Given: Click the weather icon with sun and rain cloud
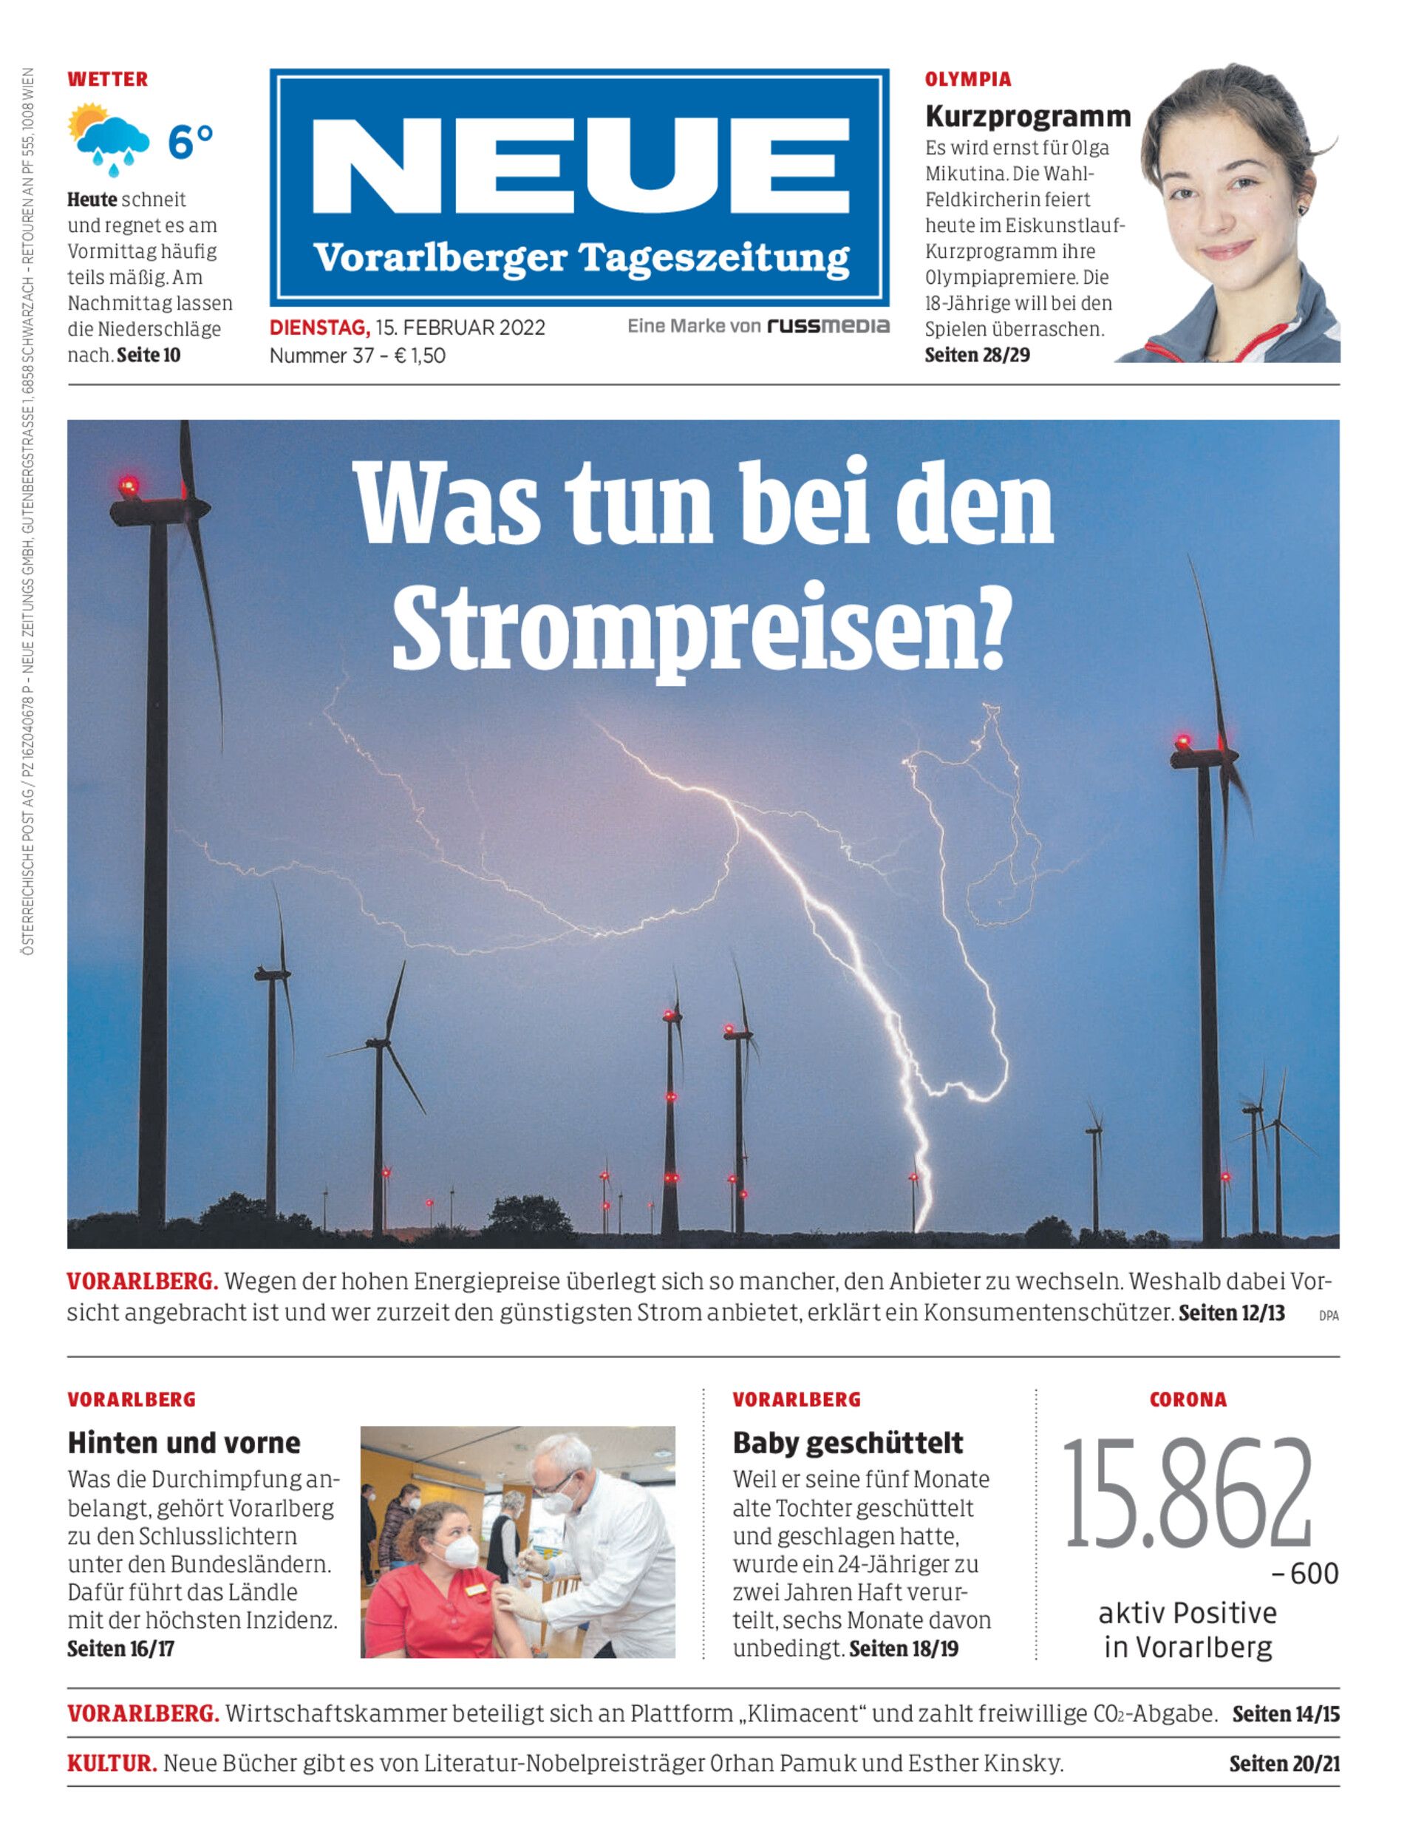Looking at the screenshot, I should click(x=109, y=140).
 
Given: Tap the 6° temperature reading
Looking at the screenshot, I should click(x=191, y=142).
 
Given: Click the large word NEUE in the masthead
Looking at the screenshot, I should click(x=579, y=167).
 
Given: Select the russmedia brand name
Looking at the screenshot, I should click(x=828, y=326).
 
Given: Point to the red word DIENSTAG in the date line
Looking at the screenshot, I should click(x=319, y=327).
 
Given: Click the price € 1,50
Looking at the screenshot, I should click(x=420, y=356).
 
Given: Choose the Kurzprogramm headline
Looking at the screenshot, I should click(x=1028, y=117).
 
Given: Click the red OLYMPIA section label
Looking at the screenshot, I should click(x=967, y=80).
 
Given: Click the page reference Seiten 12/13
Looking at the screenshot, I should click(x=1231, y=1313).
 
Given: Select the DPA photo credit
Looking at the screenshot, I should click(x=1328, y=1316).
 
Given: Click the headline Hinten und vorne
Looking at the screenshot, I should click(x=183, y=1442).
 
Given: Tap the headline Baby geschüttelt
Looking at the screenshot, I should click(x=848, y=1442).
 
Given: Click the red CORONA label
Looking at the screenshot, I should click(x=1188, y=1399).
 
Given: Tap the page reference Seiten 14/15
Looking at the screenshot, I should click(x=1286, y=1714).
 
